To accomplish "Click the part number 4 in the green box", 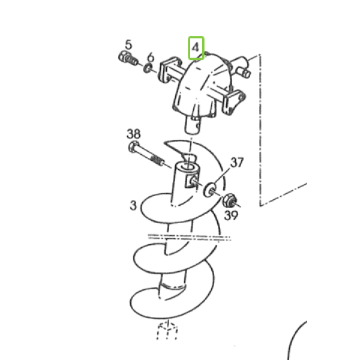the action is pyautogui.click(x=196, y=48).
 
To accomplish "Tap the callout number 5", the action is pyautogui.click(x=128, y=44).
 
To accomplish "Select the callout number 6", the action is pyautogui.click(x=151, y=57).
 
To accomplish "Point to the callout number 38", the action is pyautogui.click(x=133, y=134).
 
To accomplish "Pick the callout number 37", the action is pyautogui.click(x=237, y=163).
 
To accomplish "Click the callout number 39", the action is pyautogui.click(x=231, y=215).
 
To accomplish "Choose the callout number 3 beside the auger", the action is pyautogui.click(x=133, y=205).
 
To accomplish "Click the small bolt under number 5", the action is pyautogui.click(x=128, y=58).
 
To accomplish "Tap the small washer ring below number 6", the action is pyautogui.click(x=148, y=68).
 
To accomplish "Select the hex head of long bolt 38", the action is pyautogui.click(x=134, y=147).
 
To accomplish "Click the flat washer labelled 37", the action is pyautogui.click(x=210, y=190).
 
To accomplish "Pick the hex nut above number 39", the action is pyautogui.click(x=229, y=200).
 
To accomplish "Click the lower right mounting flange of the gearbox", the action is pyautogui.click(x=234, y=103).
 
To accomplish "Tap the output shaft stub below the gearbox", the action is pyautogui.click(x=193, y=125).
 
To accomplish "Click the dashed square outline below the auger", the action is pyautogui.click(x=167, y=330).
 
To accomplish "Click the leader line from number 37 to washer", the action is pyautogui.click(x=221, y=176).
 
